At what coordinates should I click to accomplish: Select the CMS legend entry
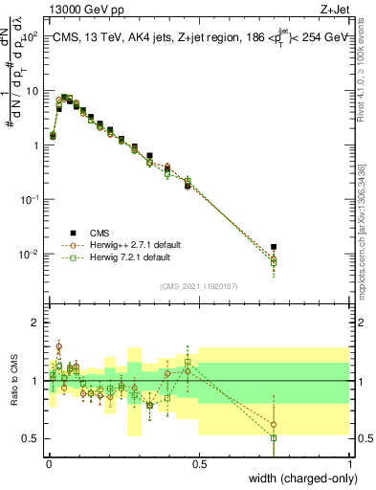tap(99, 233)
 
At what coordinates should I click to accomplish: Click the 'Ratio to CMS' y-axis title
tap(14, 380)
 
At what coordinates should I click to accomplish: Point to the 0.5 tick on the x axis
tap(199, 465)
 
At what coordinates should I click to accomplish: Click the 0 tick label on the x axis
tap(49, 465)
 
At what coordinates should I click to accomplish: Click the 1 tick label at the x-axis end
tap(349, 465)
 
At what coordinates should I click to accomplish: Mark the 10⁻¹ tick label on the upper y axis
tap(29, 199)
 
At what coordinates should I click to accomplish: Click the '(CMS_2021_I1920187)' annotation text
tap(199, 286)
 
